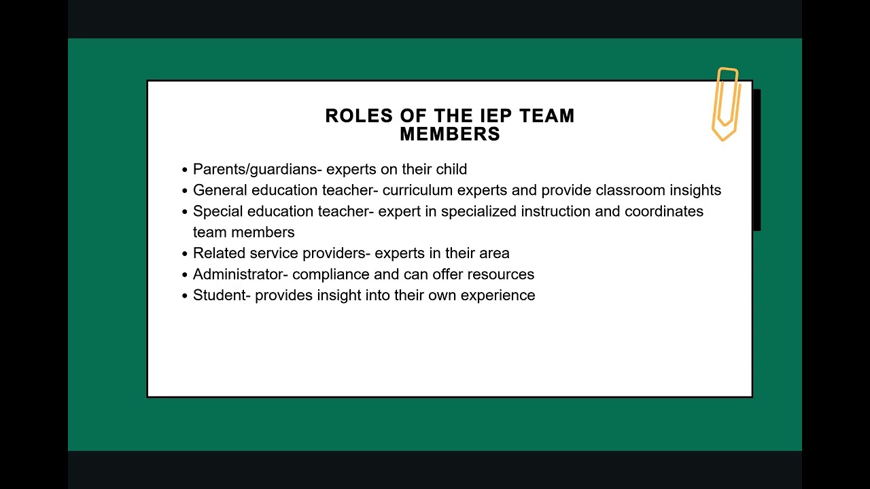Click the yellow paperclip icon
(x=725, y=103)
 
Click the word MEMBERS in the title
(x=450, y=134)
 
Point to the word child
(x=450, y=170)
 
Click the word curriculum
(x=417, y=190)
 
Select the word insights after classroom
(x=694, y=190)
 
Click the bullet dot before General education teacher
(x=185, y=191)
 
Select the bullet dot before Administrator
(x=185, y=275)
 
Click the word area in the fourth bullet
(x=494, y=253)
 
